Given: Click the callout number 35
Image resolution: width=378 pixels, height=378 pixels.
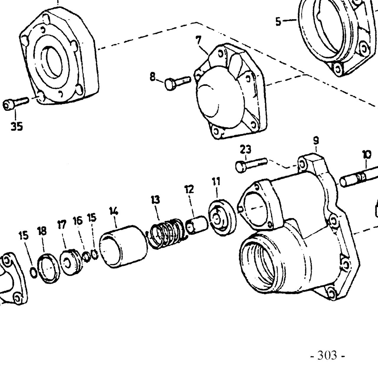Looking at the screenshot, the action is tap(17, 126).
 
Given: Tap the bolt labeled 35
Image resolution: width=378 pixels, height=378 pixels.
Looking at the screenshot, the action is tap(16, 103).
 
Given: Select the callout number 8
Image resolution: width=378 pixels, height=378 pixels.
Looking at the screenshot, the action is tap(153, 77).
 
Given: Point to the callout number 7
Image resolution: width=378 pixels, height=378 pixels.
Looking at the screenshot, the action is tap(198, 40).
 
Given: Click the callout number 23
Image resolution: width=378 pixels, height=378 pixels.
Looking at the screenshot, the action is tap(245, 150).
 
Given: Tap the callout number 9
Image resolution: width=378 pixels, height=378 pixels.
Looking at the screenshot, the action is tap(316, 141).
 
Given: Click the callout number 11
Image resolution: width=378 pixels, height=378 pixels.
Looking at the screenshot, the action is tap(216, 181).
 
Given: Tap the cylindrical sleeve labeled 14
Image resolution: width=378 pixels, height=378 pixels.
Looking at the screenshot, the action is tap(124, 247).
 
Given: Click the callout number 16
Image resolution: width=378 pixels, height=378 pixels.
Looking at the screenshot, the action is tap(78, 221).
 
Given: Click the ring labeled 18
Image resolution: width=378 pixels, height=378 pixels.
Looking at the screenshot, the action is tap(48, 268).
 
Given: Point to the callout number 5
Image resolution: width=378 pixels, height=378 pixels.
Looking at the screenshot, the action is tap(278, 22).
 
